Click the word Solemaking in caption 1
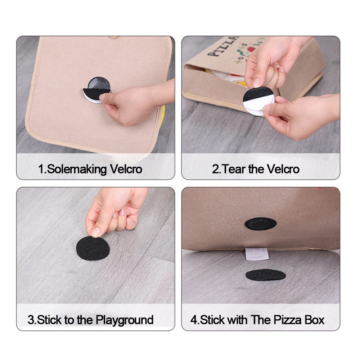click(74, 169)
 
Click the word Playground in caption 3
click(125, 320)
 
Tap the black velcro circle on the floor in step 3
click(93, 248)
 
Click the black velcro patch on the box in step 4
click(261, 223)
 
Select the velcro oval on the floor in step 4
click(266, 275)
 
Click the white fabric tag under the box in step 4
click(256, 254)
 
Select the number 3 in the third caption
click(31, 320)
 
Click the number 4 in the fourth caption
click(193, 320)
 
